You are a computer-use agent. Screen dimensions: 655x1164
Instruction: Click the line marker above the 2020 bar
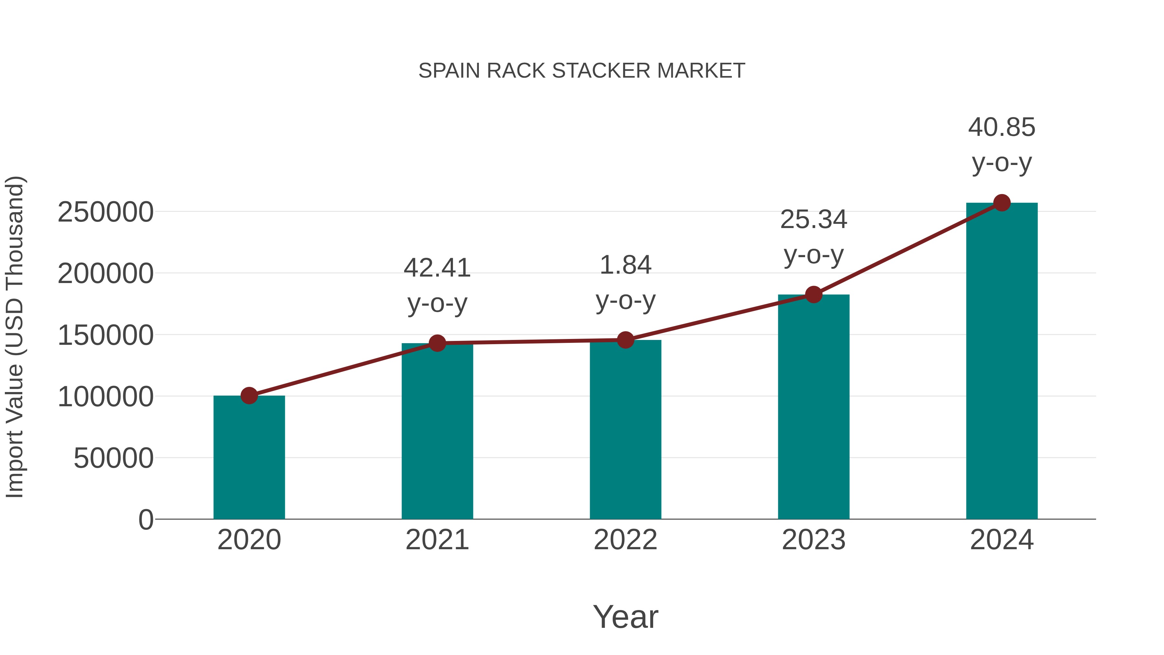249,396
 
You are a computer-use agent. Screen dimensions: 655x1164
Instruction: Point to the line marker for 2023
814,294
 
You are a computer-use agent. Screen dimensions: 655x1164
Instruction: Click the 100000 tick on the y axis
105,397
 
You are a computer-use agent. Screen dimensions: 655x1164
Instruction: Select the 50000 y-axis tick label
113,458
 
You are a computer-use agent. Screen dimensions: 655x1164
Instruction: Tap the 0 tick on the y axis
145,520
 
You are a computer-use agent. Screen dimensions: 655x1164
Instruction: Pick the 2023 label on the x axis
814,540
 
